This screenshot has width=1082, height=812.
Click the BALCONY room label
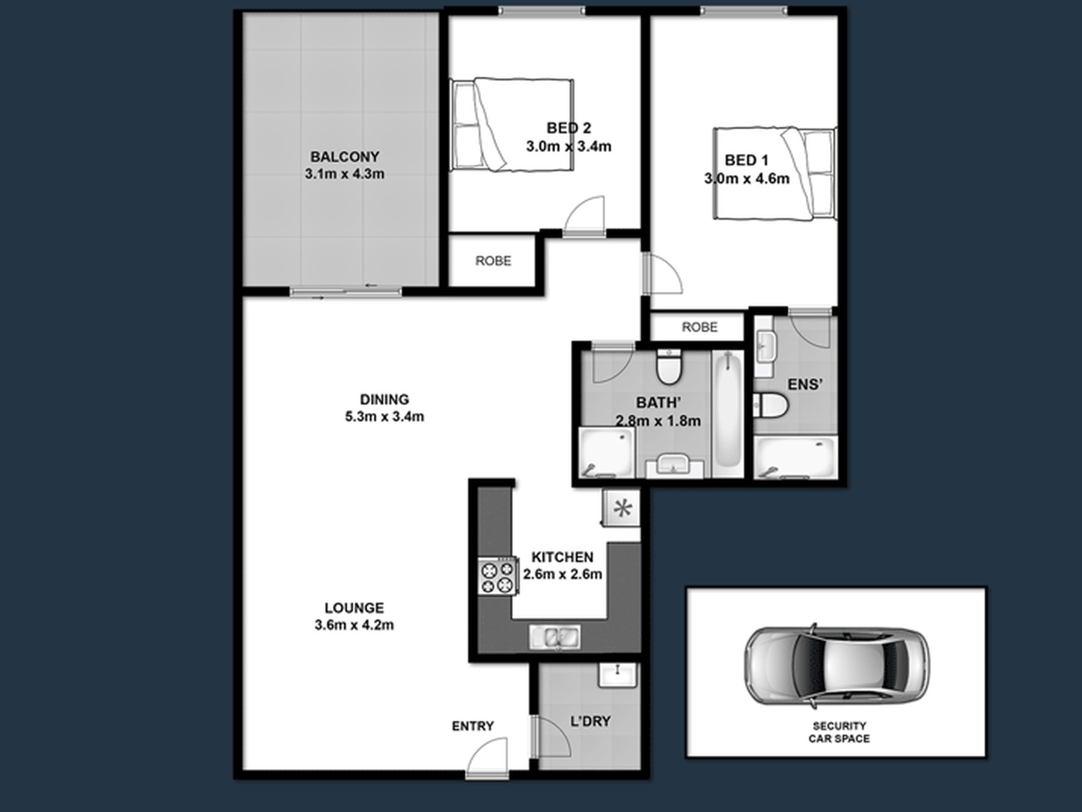coord(345,156)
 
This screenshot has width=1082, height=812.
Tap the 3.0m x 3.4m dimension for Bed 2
coord(568,146)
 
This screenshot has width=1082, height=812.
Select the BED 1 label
coord(746,160)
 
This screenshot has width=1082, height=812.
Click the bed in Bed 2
coord(511,125)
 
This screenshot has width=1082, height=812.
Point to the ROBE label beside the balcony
coord(493,261)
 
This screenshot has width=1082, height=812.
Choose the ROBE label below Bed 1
coord(699,327)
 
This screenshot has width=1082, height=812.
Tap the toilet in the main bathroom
coord(669,366)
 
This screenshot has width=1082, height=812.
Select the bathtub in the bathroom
coord(728,409)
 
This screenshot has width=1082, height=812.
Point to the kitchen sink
coord(555,637)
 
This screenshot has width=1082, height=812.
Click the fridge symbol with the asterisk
coord(621,508)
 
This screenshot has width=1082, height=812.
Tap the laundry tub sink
coord(617,675)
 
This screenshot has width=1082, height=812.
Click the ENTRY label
coord(473,726)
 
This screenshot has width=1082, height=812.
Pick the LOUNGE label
coord(354,608)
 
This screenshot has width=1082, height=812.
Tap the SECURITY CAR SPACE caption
coord(839,732)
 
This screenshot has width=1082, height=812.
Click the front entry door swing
coord(487,757)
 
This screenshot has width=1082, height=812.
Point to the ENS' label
coord(805,385)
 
